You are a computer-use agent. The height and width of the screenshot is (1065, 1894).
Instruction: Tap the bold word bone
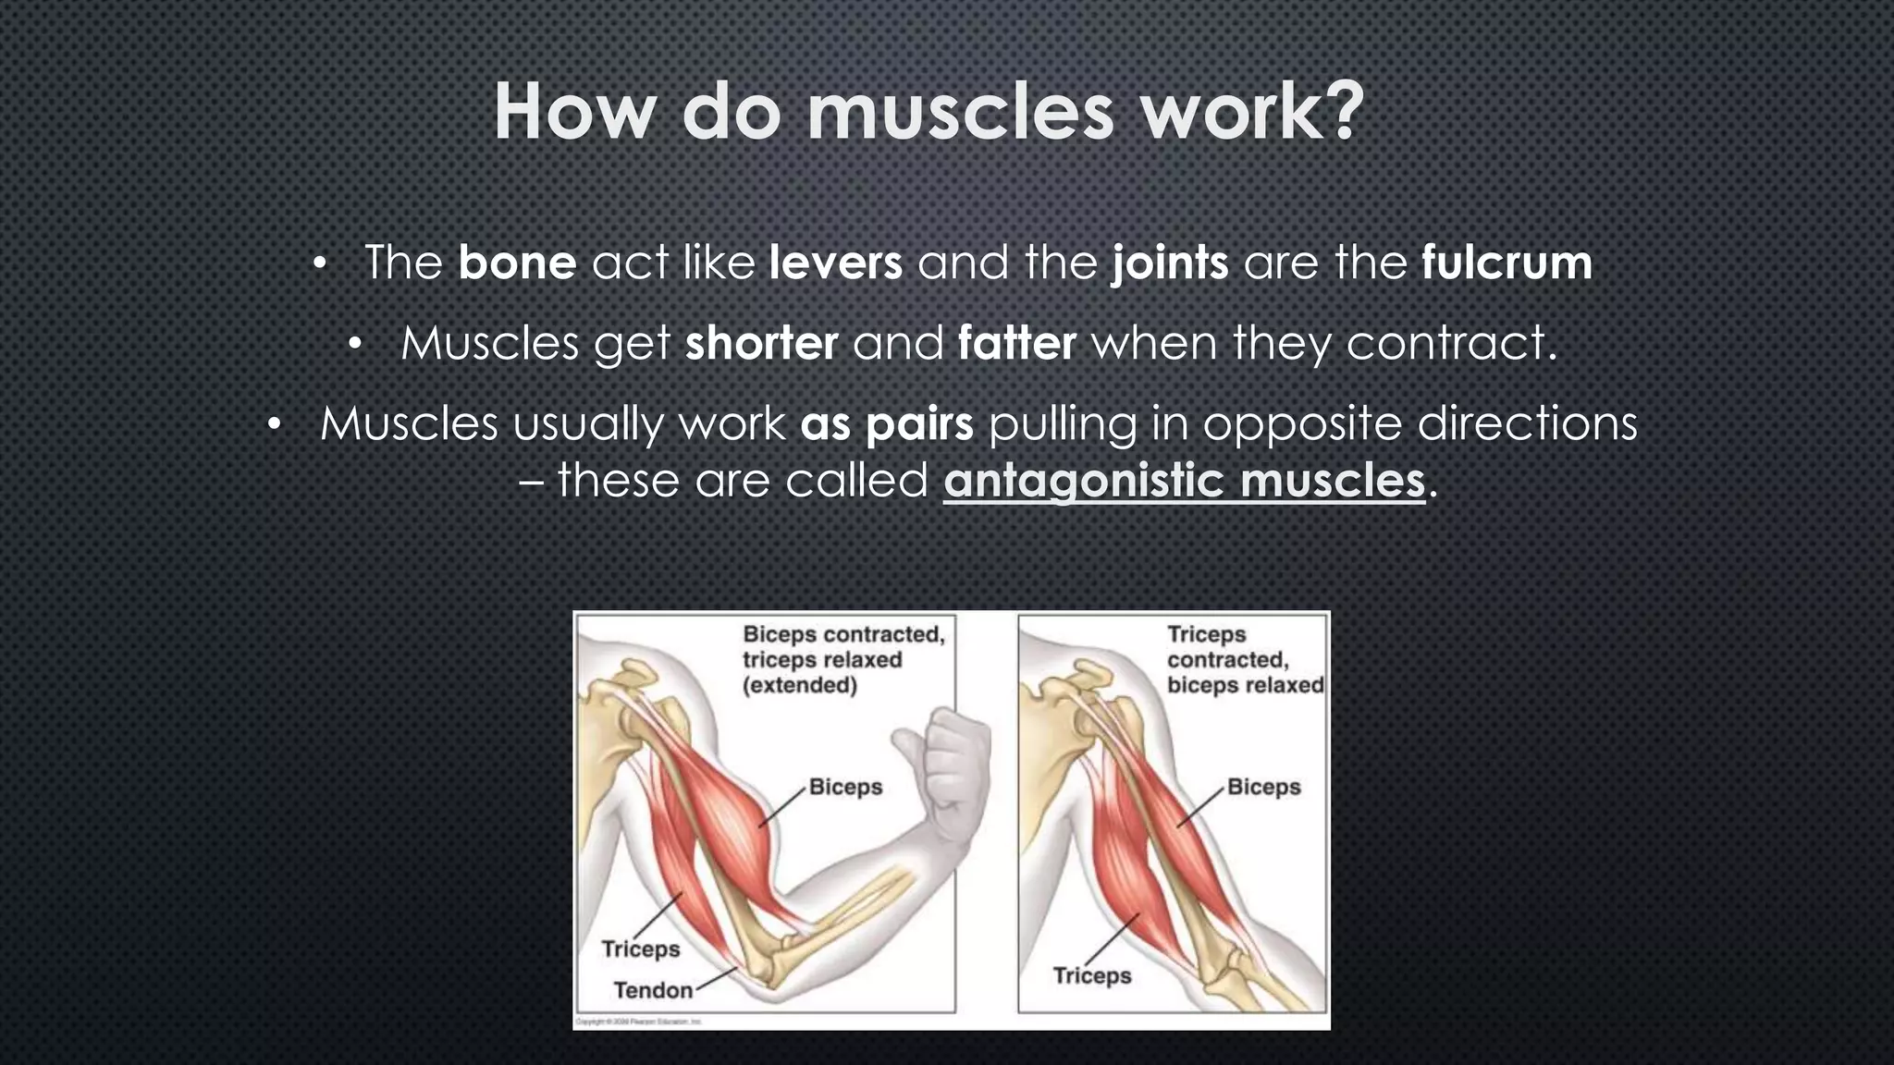517,263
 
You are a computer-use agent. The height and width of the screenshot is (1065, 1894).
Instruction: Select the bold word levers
835,263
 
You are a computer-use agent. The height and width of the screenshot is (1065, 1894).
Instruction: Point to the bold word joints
1170,263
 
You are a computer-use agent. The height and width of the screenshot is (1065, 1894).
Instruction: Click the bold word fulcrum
1507,263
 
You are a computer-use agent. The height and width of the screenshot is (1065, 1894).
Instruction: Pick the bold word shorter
761,343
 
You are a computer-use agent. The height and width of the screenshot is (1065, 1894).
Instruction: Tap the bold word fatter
1016,343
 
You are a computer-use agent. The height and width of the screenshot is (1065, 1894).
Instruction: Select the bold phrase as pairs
886,424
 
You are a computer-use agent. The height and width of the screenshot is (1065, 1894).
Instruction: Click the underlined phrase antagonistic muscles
1184,481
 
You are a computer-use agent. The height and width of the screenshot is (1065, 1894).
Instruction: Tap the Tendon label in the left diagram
653,990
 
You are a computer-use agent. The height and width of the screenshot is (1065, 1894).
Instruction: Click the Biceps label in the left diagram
845,787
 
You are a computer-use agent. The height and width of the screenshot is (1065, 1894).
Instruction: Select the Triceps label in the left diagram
640,949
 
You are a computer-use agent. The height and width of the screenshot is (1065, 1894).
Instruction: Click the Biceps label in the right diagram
1263,787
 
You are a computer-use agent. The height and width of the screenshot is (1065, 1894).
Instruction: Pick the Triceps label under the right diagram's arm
1091,975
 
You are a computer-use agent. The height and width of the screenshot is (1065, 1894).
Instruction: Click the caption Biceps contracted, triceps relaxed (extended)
842,659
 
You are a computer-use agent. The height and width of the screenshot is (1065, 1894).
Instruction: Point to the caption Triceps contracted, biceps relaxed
1244,659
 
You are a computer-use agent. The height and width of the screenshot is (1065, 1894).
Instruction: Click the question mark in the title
1341,113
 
